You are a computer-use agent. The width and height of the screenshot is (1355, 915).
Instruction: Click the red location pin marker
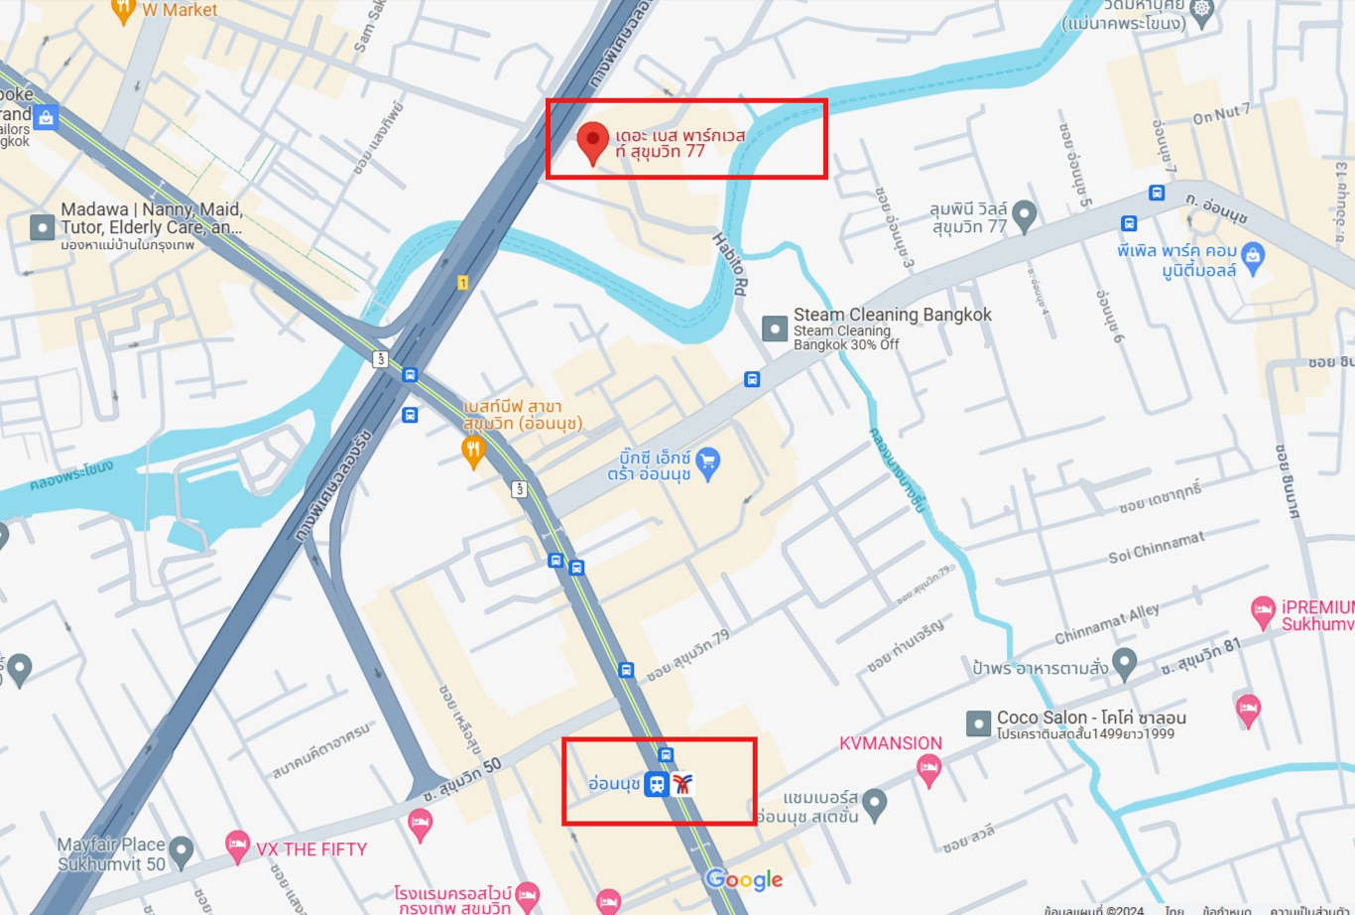coord(593,142)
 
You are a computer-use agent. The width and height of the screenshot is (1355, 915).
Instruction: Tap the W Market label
coord(179,10)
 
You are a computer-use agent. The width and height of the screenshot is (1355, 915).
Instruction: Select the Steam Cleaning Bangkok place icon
coord(775,328)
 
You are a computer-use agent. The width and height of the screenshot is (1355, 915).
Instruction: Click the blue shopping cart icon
coord(707,461)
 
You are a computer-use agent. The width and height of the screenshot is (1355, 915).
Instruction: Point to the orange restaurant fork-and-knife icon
coord(474,453)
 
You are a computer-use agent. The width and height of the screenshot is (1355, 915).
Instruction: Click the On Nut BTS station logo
coord(681,784)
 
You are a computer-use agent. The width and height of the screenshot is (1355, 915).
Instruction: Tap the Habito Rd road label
coord(730,265)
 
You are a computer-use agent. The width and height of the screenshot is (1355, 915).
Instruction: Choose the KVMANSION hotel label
coord(891,743)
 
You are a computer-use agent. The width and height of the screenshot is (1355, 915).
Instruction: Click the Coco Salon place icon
coord(979,723)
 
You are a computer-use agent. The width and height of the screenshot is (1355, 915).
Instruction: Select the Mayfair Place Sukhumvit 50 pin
coord(181,850)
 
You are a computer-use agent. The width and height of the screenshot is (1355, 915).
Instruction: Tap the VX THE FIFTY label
coord(311,850)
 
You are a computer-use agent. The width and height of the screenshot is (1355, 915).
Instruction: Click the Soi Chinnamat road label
coord(1157,547)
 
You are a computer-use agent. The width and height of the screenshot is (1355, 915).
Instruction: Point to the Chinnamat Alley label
coord(1106,623)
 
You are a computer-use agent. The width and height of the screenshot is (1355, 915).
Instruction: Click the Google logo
coord(744,879)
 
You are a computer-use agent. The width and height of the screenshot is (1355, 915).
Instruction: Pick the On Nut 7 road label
coord(1221,114)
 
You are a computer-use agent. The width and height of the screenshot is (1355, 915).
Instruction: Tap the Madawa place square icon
coord(42,227)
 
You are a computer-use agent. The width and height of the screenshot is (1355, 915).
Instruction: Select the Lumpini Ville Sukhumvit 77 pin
coord(1024,213)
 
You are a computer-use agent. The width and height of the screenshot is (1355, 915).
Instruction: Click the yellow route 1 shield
coord(462,283)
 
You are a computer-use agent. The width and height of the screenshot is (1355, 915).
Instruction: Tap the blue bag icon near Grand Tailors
coord(46,118)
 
